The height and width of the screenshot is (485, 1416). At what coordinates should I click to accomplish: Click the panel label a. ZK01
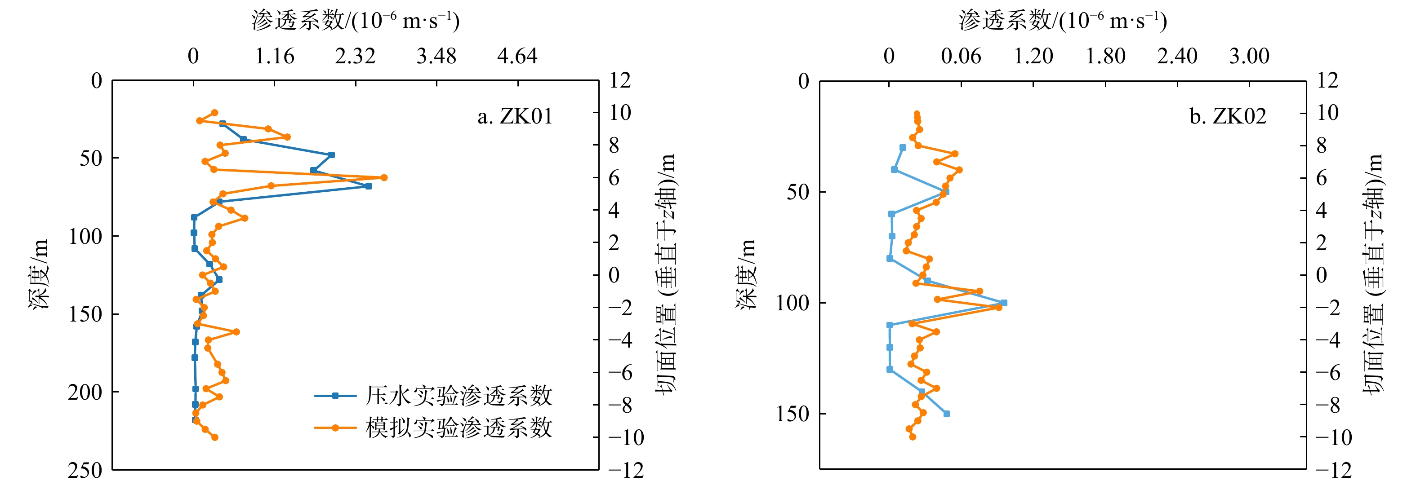click(x=515, y=116)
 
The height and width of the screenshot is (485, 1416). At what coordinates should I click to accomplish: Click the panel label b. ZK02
click(x=1228, y=116)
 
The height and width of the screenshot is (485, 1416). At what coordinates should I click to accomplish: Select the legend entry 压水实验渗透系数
click(x=459, y=396)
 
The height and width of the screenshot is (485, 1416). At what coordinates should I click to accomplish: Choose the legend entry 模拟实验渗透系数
click(x=459, y=428)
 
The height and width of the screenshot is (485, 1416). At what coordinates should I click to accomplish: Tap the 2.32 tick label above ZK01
click(x=355, y=56)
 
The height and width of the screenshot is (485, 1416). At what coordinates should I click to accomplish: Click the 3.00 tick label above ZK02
click(x=1249, y=56)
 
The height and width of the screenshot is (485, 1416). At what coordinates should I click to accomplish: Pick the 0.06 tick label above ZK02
click(x=961, y=56)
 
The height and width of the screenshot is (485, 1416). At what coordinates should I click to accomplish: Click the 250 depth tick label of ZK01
click(x=85, y=470)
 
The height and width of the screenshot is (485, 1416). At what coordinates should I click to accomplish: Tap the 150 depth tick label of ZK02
click(x=793, y=414)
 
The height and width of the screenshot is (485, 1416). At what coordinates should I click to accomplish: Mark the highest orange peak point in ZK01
click(x=384, y=177)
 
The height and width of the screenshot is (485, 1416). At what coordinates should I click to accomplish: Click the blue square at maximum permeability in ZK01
click(x=368, y=186)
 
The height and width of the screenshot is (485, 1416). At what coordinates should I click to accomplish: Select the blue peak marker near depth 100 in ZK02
click(x=1004, y=303)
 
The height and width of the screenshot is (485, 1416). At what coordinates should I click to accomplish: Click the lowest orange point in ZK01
click(x=215, y=437)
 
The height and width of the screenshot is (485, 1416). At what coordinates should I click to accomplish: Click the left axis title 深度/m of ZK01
click(x=39, y=275)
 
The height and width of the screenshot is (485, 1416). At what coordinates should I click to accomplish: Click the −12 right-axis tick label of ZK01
click(x=626, y=470)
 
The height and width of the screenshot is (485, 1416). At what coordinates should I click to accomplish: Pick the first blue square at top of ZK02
click(x=903, y=148)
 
